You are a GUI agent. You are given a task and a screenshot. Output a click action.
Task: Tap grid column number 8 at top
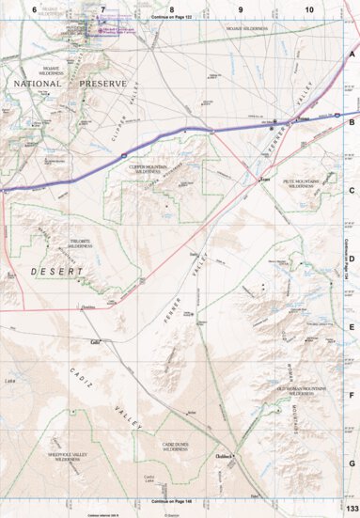[171, 8]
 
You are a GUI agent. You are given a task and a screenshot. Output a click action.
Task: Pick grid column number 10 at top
[309, 8]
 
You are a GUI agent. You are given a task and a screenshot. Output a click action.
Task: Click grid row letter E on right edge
[352, 326]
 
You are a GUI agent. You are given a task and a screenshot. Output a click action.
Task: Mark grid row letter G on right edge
[352, 463]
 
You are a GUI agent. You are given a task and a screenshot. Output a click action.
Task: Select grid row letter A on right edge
[352, 54]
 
